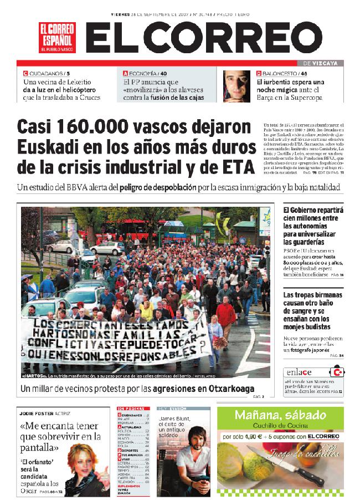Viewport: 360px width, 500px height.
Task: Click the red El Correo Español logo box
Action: (x=57, y=37)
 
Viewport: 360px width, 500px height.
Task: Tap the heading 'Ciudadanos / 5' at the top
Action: (x=47, y=73)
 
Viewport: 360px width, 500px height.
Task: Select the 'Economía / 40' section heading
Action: (x=145, y=73)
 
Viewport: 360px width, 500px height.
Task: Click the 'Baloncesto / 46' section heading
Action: (x=281, y=73)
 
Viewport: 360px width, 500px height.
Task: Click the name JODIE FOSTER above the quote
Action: (x=37, y=414)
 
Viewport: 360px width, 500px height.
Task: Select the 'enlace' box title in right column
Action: (x=299, y=372)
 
